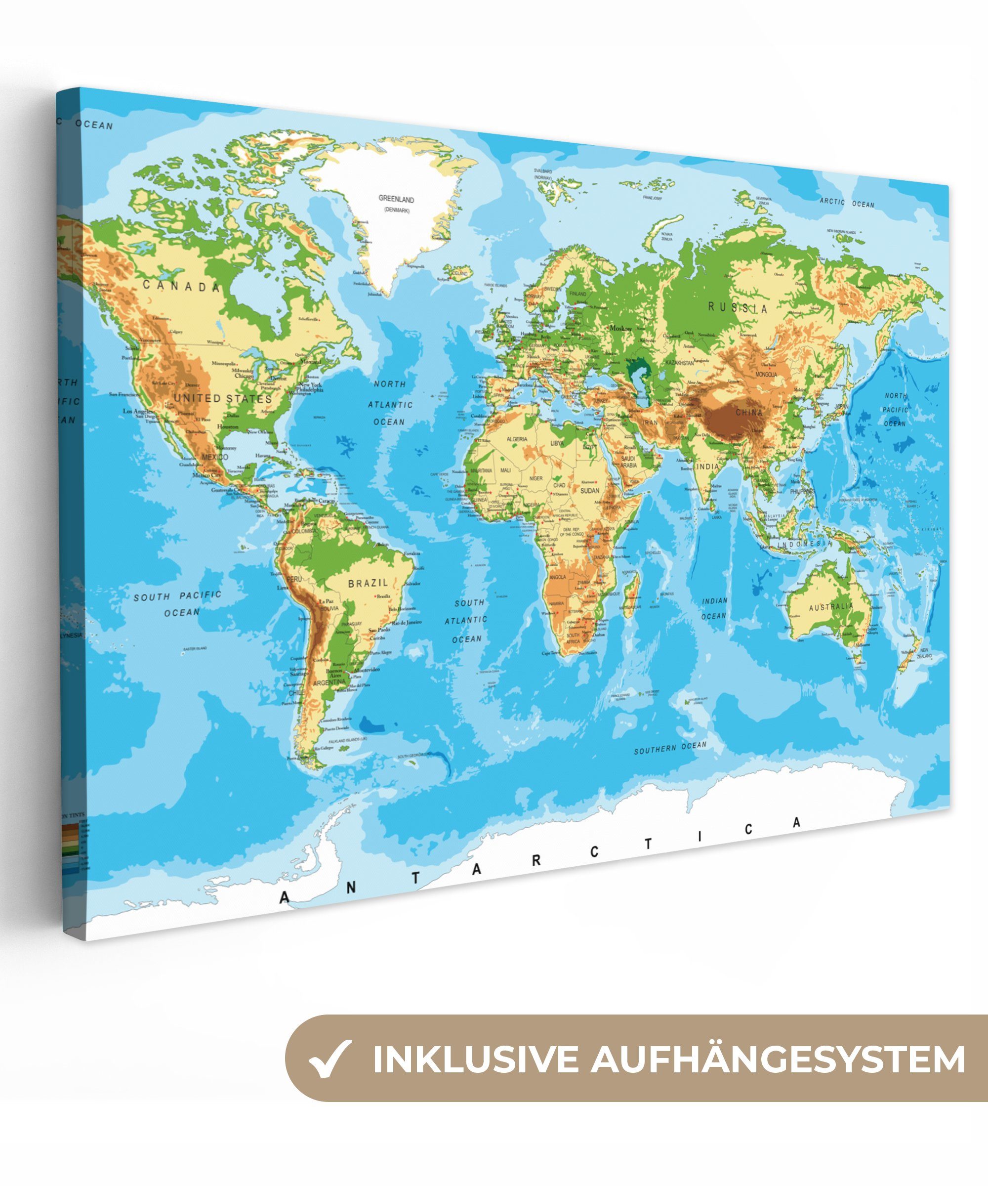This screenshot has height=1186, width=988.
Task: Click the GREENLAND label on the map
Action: (396, 199)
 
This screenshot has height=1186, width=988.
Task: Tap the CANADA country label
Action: (181, 286)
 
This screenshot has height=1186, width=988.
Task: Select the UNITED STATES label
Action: (222, 398)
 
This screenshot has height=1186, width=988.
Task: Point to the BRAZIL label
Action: (368, 583)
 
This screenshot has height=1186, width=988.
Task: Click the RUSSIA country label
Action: (738, 308)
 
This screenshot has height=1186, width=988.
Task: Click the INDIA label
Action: (707, 466)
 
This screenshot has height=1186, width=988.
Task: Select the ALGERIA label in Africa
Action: (517, 439)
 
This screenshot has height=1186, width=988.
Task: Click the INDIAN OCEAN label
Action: (714, 608)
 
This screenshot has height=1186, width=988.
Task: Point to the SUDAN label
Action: (589, 490)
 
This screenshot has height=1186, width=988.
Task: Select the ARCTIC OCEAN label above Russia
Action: (846, 203)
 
